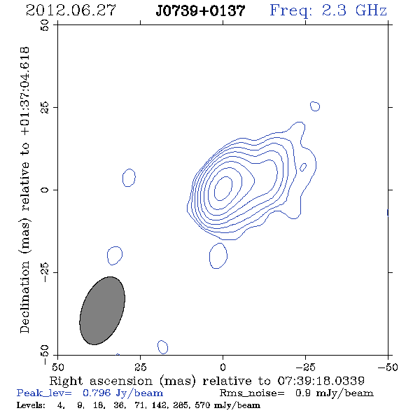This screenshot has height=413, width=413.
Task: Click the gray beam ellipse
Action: tap(102, 311)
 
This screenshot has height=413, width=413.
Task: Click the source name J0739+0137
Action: tap(200, 11)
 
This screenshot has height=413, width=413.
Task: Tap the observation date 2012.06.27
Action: tap(71, 10)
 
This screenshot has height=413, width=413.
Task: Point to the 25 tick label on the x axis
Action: tap(140, 367)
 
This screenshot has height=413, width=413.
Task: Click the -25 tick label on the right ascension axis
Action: tap(305, 367)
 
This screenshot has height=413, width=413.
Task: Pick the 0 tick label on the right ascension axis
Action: tap(223, 367)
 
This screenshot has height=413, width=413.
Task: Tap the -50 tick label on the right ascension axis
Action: tap(388, 367)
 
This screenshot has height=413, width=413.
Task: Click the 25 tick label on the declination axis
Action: tap(45, 107)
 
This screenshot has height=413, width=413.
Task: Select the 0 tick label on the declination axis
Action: tap(45, 190)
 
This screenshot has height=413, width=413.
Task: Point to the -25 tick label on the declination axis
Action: tap(45, 272)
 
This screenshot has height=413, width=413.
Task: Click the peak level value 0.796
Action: tap(97, 393)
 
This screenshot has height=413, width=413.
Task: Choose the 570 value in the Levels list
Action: tap(202, 405)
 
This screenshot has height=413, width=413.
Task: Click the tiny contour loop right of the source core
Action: tap(303, 167)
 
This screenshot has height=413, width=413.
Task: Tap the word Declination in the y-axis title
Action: tap(24, 297)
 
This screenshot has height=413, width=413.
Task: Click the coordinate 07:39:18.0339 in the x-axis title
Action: tap(321, 381)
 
